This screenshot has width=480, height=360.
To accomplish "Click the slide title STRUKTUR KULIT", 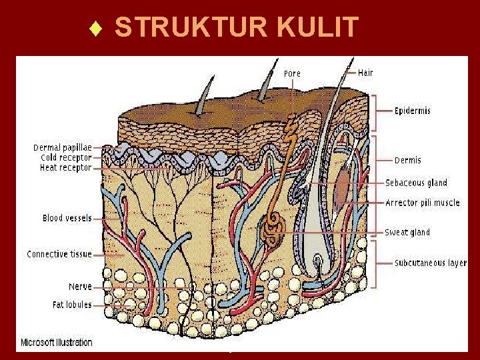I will point(237,28).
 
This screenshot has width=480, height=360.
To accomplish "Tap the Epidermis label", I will point(412,111).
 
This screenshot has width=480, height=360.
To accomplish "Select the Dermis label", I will point(407,160).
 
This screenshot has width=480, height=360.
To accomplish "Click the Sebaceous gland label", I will point(416,183).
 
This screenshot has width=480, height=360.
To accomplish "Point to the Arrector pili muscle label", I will point(422,203).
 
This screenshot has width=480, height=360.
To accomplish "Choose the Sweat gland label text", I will point(407,232).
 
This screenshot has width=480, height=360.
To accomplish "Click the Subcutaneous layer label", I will point(430,263).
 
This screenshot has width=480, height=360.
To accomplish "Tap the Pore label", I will point(292,73).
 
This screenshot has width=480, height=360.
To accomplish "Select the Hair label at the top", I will point(365,72).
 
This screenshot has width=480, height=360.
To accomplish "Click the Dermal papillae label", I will point(63,147).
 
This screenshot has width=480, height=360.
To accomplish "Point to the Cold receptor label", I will point(66,157).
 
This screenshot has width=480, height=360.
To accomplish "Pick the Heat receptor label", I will point(65,168).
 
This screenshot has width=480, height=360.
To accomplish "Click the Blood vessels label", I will point(67,218).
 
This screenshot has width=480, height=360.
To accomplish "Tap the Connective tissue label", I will point(59,254).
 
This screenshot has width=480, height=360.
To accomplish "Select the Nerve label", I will point(80,287).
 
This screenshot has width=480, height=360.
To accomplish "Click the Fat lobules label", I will point(72,305).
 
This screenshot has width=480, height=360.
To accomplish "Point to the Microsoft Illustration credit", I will point(56,343).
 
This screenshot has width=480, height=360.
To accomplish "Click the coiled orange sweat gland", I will point(273,231).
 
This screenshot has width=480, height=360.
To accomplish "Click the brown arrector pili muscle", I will point(342,187).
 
